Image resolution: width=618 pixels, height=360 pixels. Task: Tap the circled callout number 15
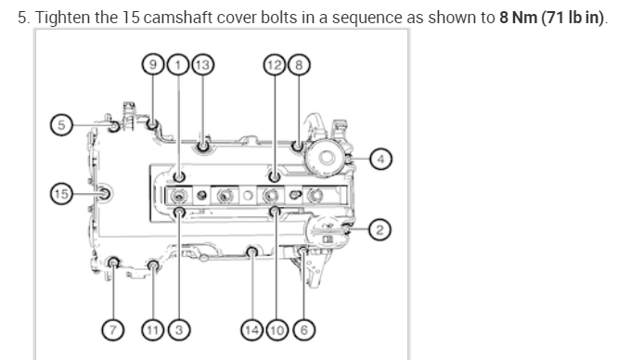pyautogui.click(x=61, y=194)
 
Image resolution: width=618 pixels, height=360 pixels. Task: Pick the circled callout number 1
pyautogui.click(x=178, y=64)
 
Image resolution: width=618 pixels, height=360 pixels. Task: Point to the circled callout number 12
pyautogui.click(x=275, y=64)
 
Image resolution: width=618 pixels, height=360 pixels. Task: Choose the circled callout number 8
pyautogui.click(x=299, y=64)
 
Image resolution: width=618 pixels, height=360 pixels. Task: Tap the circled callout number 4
pyautogui.click(x=380, y=159)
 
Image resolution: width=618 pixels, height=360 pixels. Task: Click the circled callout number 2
pyautogui.click(x=379, y=228)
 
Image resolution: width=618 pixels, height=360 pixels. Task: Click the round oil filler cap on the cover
pyautogui.click(x=327, y=157)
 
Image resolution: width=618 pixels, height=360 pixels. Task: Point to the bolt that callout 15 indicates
pyautogui.click(x=105, y=194)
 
